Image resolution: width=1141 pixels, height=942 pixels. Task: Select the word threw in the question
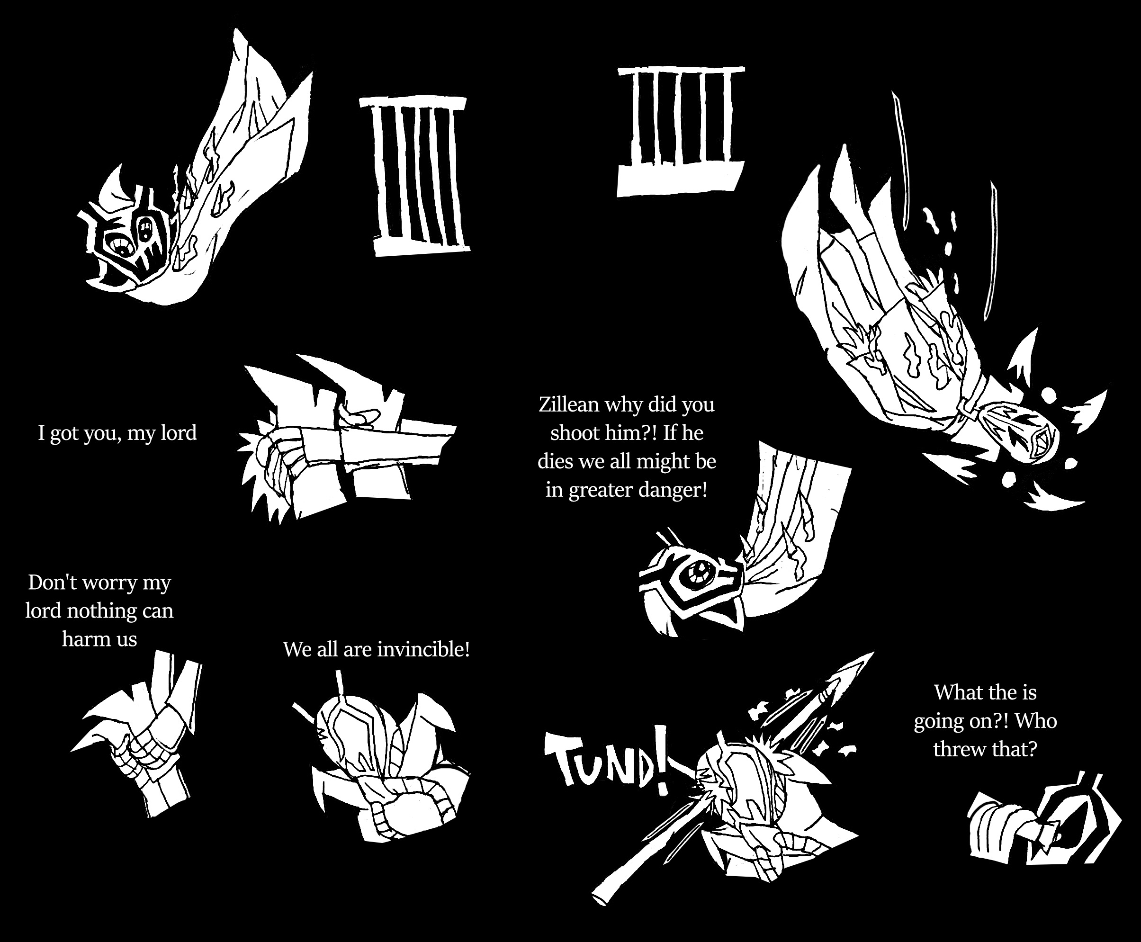pyautogui.click(x=958, y=749)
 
